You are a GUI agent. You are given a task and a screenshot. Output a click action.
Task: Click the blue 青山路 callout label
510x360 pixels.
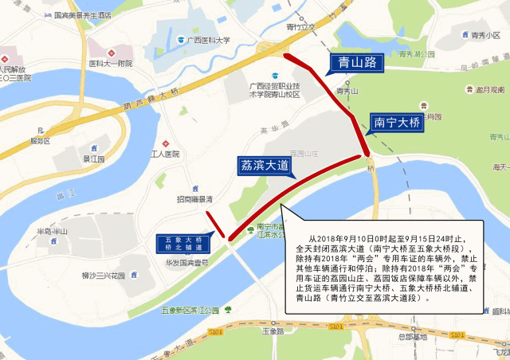point(357,62)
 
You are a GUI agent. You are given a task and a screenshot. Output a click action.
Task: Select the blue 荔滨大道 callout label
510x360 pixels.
point(265,165)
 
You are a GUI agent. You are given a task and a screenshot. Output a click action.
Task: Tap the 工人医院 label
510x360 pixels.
point(166,154)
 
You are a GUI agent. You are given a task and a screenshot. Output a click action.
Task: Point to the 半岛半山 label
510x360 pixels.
point(55,232)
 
